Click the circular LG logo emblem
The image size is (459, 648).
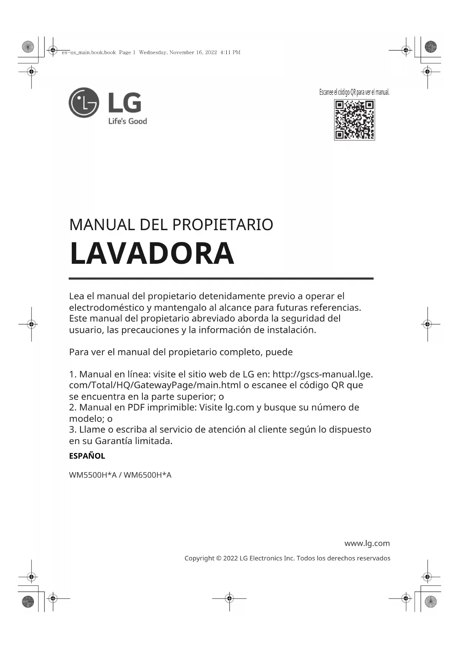pyautogui.click(x=84, y=103)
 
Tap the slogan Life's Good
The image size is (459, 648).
pyautogui.click(x=127, y=121)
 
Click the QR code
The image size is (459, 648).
pyautogui.click(x=354, y=120)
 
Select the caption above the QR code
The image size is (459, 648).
pyautogui.click(x=354, y=92)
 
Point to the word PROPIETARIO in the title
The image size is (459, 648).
pyautogui.click(x=223, y=225)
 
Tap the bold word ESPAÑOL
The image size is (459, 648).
pyautogui.click(x=87, y=456)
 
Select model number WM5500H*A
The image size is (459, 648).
pyautogui.click(x=92, y=475)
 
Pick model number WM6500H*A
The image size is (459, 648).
pyautogui.click(x=148, y=475)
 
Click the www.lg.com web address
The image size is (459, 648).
pyautogui.click(x=367, y=543)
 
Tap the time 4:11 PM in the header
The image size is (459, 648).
pyautogui.click(x=230, y=52)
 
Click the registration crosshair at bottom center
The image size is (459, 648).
pyautogui.click(x=229, y=598)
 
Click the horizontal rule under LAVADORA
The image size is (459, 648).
pyautogui.click(x=221, y=279)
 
